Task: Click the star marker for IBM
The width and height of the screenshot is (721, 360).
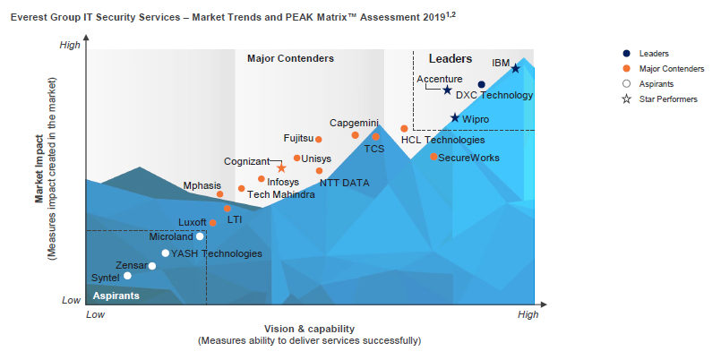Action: pos(515,68)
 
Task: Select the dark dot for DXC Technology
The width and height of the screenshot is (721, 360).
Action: pos(481,85)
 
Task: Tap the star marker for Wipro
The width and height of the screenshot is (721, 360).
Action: pos(455,118)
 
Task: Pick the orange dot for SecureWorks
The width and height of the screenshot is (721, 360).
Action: pos(433,157)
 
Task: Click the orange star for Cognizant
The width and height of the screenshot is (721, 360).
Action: pos(281,168)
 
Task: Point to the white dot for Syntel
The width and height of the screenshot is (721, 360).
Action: pos(127,276)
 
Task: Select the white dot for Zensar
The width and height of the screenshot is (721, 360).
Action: pos(152,265)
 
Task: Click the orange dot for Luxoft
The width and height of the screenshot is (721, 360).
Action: pos(213,222)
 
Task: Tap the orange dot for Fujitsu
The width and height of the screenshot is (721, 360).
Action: pos(319,139)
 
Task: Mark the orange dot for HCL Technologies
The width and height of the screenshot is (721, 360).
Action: pos(404,129)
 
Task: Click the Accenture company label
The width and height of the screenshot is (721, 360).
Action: pos(440,79)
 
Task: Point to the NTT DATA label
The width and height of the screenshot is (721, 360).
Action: pos(344,183)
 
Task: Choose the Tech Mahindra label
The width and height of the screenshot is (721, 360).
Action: pos(280,194)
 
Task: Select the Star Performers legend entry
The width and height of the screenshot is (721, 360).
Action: pos(667,99)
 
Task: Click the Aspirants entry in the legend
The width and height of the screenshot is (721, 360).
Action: pos(659,83)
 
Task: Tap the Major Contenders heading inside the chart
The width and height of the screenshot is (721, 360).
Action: pos(290,58)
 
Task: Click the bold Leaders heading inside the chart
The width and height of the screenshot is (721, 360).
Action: pos(451,58)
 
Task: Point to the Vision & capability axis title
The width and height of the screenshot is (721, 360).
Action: pos(309,329)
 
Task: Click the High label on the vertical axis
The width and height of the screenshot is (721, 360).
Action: pos(69,45)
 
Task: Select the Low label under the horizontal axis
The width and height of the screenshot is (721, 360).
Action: pos(95,314)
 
